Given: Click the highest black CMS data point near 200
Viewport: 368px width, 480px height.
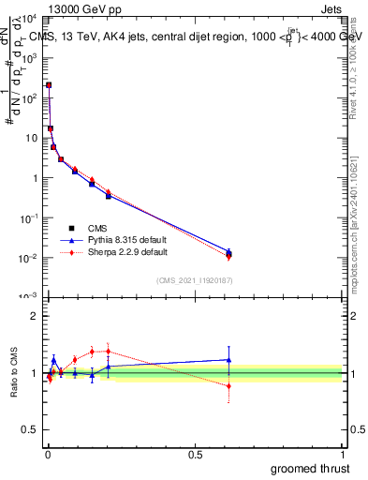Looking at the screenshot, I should pyautogui.click(x=49, y=85).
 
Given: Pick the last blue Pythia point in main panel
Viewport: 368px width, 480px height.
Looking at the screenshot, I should pyautogui.click(x=229, y=251).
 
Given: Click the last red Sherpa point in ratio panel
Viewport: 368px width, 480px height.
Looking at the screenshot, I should pyautogui.click(x=229, y=385).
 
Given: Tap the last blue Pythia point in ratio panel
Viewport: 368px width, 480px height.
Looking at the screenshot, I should pyautogui.click(x=229, y=359).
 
